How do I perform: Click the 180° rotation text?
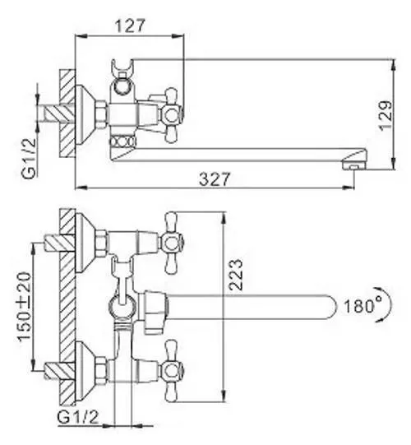[x=362, y=305]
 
